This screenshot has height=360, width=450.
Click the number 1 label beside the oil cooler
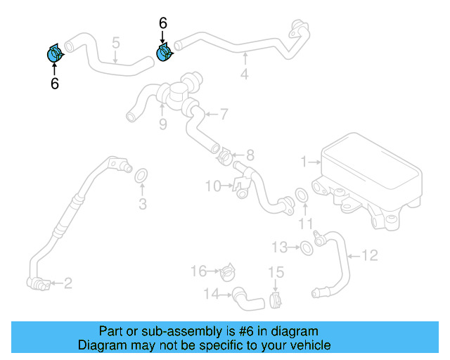pos(304,162)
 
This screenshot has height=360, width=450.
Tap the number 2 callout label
pos(68,283)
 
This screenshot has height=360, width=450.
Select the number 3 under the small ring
pos(142,205)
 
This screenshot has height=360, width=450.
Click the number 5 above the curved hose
pos(116,44)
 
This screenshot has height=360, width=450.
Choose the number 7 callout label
pos(224,114)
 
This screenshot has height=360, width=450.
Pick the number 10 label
pos(213,186)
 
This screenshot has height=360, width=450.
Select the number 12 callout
pos(370,255)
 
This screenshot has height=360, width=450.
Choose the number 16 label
pos(199,271)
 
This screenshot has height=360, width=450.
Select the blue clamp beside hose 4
pos(165,52)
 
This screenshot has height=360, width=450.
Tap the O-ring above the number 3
pos(140,174)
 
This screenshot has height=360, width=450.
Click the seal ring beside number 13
pos(307,247)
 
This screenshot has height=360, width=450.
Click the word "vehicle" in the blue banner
pos(309,345)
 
